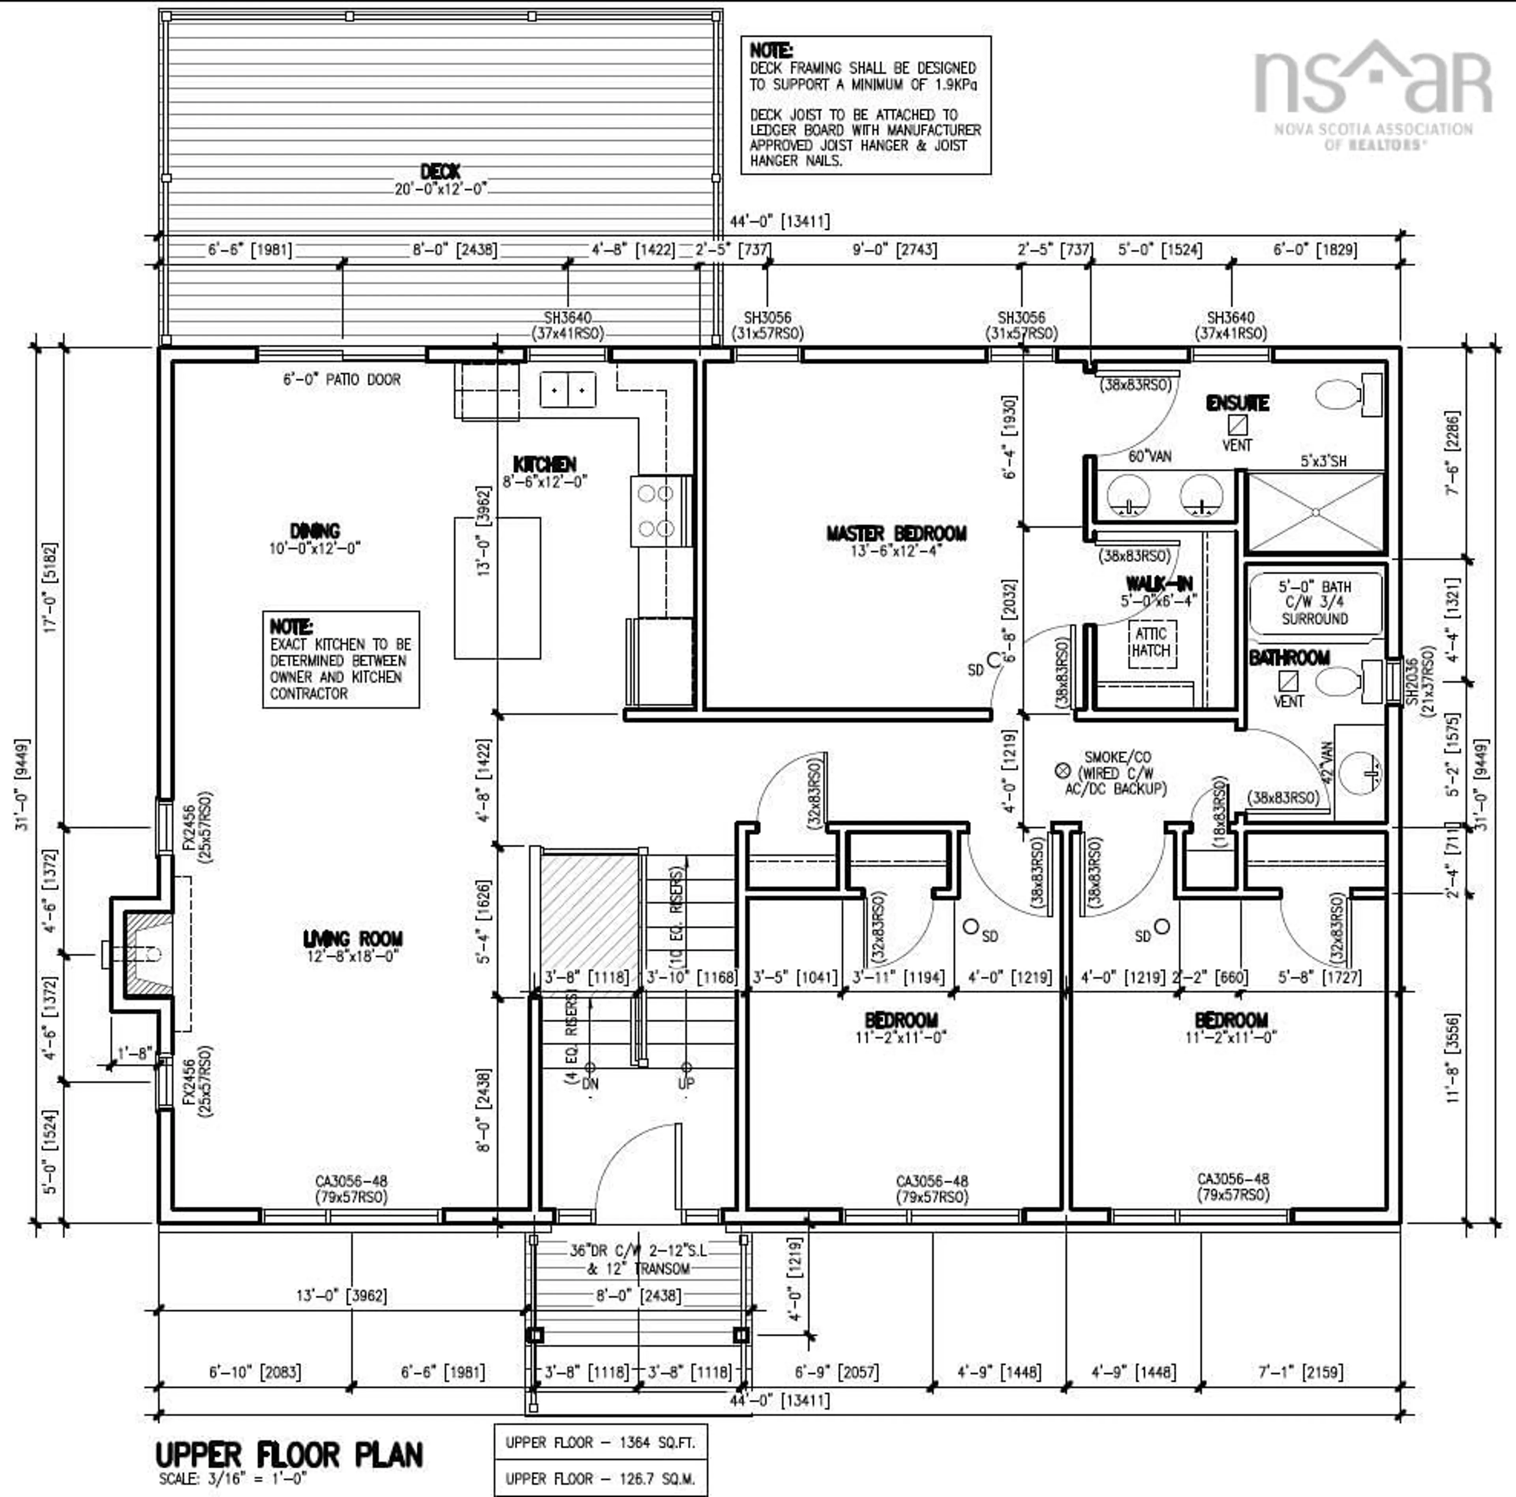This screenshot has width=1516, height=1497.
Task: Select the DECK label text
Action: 440,171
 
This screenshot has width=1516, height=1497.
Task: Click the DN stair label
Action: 590,1083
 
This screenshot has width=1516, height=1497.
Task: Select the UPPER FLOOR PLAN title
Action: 289,1455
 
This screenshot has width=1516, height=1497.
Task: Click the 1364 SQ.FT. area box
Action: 600,1442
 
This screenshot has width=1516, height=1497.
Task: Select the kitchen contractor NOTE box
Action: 341,659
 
